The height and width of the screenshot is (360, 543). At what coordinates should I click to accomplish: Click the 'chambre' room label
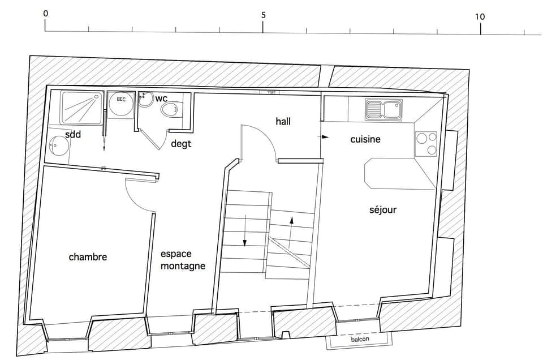click(x=88, y=257)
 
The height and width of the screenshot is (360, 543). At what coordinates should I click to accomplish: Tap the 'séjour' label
click(x=383, y=210)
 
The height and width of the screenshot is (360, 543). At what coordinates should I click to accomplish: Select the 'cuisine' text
click(x=365, y=139)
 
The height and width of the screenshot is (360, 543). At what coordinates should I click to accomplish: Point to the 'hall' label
click(x=283, y=121)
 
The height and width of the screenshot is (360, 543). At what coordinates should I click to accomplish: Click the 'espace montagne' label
click(x=182, y=260)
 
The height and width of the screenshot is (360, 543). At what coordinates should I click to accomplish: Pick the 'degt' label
click(x=181, y=144)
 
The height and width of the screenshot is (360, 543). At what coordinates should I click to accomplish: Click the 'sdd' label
click(x=73, y=134)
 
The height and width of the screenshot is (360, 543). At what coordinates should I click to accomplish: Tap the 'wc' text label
click(x=162, y=98)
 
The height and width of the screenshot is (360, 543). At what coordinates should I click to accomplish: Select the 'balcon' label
click(x=360, y=340)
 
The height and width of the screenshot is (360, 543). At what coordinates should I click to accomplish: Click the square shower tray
click(x=82, y=107)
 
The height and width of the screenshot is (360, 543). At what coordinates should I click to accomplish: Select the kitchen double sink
click(x=383, y=109)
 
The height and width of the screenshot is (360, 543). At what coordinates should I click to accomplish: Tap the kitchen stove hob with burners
click(x=426, y=144)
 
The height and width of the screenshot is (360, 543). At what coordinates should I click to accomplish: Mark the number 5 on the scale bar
click(x=263, y=16)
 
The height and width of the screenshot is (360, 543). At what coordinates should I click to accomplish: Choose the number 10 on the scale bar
click(x=480, y=16)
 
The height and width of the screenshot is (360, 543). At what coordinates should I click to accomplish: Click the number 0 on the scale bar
click(x=45, y=14)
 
